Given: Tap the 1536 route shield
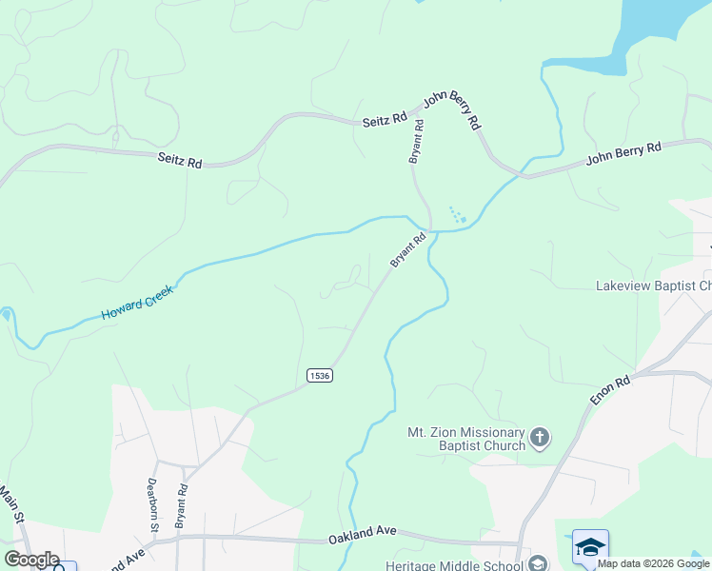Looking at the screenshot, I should click(x=320, y=377).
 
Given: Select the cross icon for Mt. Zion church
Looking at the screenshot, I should click(x=540, y=438).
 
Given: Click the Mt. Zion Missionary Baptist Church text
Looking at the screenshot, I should click(x=466, y=438).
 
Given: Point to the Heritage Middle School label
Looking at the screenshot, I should click(x=455, y=564).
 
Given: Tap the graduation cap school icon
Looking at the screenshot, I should click(x=590, y=547).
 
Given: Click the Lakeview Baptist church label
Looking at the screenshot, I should click(x=653, y=285).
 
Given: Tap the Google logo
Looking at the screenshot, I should click(x=31, y=559).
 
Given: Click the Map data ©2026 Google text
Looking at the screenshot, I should click(x=654, y=563).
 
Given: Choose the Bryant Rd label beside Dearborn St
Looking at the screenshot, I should click(x=182, y=505).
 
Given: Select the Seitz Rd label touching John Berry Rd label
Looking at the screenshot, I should click(x=385, y=121).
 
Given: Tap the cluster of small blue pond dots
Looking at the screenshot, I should click(x=457, y=216).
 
